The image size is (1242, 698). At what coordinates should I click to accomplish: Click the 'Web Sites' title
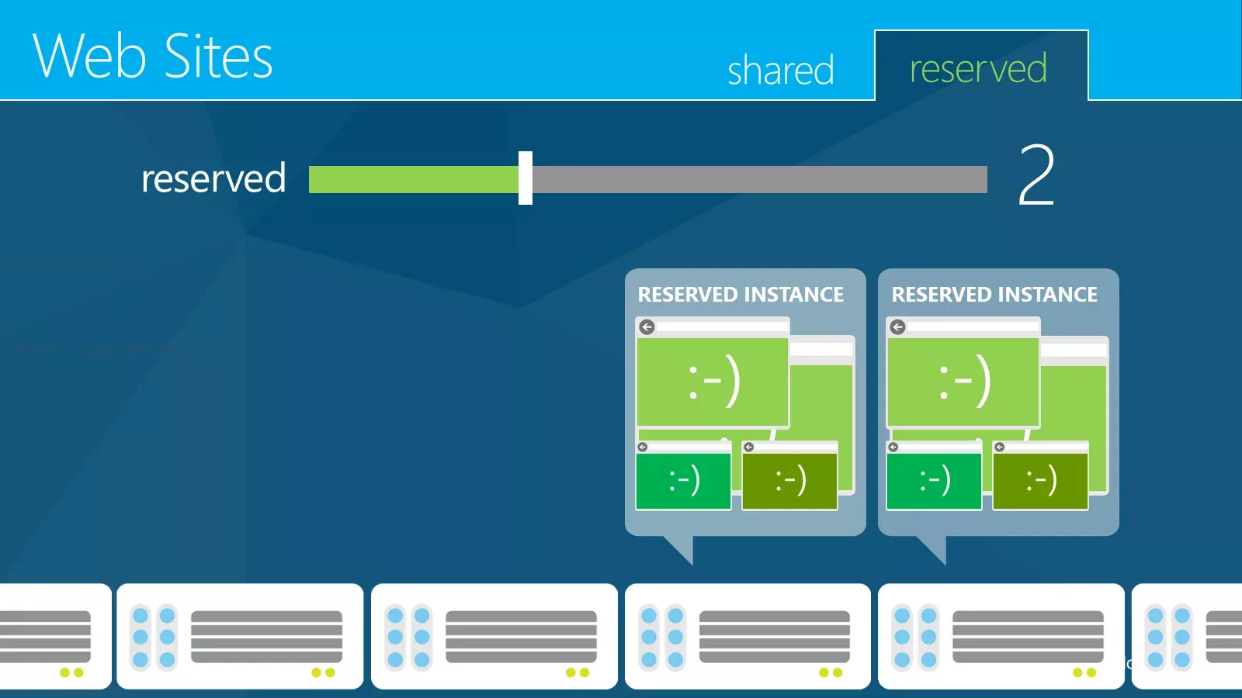[152, 55]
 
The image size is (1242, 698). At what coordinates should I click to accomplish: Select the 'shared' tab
[781, 70]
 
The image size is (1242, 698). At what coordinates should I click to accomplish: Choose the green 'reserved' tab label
[979, 68]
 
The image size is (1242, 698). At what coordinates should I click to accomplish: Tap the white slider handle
[525, 178]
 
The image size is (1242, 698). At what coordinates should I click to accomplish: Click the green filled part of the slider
[414, 179]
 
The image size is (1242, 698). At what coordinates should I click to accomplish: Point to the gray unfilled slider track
[760, 179]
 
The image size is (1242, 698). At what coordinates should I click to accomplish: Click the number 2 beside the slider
[1036, 175]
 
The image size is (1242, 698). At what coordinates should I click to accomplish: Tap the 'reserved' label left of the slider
[213, 178]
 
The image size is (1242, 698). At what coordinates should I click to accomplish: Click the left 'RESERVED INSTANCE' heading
[741, 294]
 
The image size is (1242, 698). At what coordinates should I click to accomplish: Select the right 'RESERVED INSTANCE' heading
[994, 294]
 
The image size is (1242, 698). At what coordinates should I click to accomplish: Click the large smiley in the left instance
[714, 381]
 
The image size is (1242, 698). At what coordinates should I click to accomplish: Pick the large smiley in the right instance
[965, 381]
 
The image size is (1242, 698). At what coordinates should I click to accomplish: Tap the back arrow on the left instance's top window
[647, 327]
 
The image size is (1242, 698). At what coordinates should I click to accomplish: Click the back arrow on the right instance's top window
[897, 327]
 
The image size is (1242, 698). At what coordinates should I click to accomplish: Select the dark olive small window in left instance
[789, 475]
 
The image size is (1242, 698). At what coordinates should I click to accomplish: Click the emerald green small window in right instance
[934, 475]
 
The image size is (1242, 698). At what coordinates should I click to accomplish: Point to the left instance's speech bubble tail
[682, 548]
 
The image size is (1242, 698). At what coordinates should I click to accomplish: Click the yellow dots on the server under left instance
[831, 672]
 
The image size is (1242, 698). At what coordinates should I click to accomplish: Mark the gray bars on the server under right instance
[1028, 637]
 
